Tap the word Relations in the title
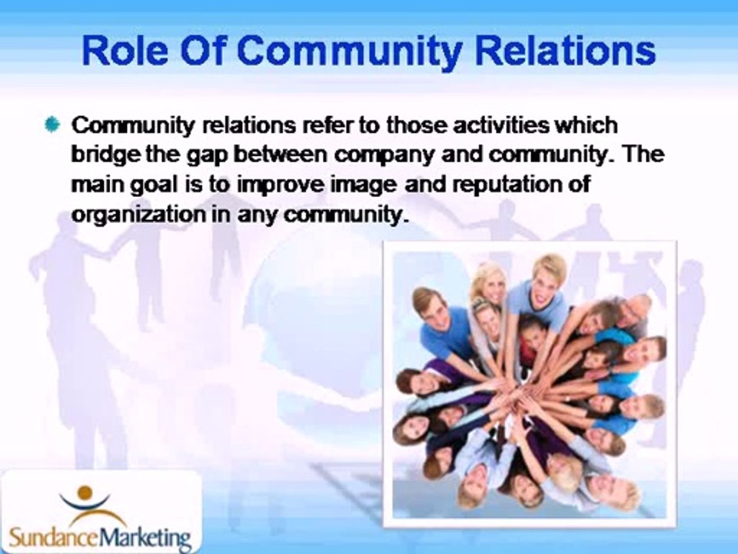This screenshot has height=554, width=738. point(565,51)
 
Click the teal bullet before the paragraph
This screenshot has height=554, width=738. point(53,125)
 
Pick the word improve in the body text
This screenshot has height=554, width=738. point(281,185)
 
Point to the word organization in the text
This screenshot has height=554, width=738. point(138,215)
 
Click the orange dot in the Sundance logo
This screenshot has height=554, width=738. point(85,493)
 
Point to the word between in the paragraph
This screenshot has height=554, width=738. point(281,155)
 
